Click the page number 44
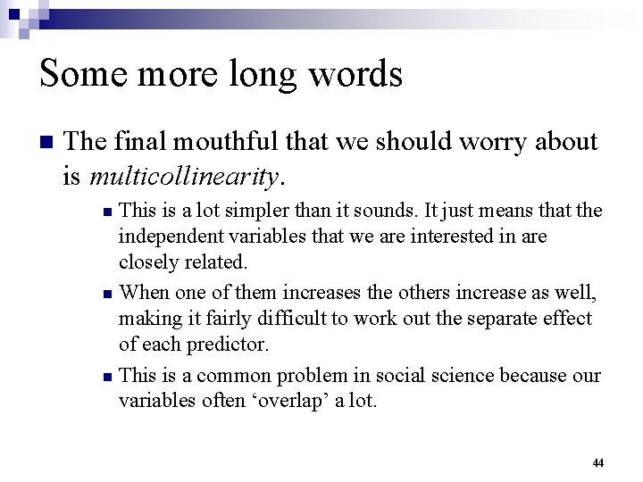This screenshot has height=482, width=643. (597, 463)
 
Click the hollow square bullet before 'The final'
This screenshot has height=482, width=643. (48, 143)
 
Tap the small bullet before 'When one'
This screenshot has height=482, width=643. (107, 294)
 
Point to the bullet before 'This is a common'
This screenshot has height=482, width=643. (107, 377)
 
